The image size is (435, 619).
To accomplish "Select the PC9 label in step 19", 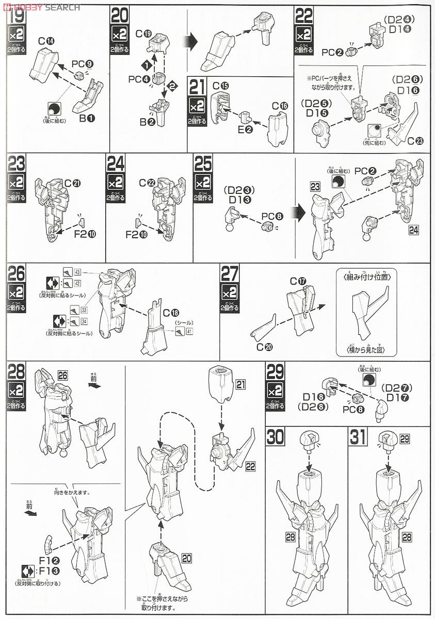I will click(83, 64).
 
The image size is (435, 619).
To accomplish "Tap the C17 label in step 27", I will click(298, 281).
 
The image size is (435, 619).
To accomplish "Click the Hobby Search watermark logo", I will click(41, 7).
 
